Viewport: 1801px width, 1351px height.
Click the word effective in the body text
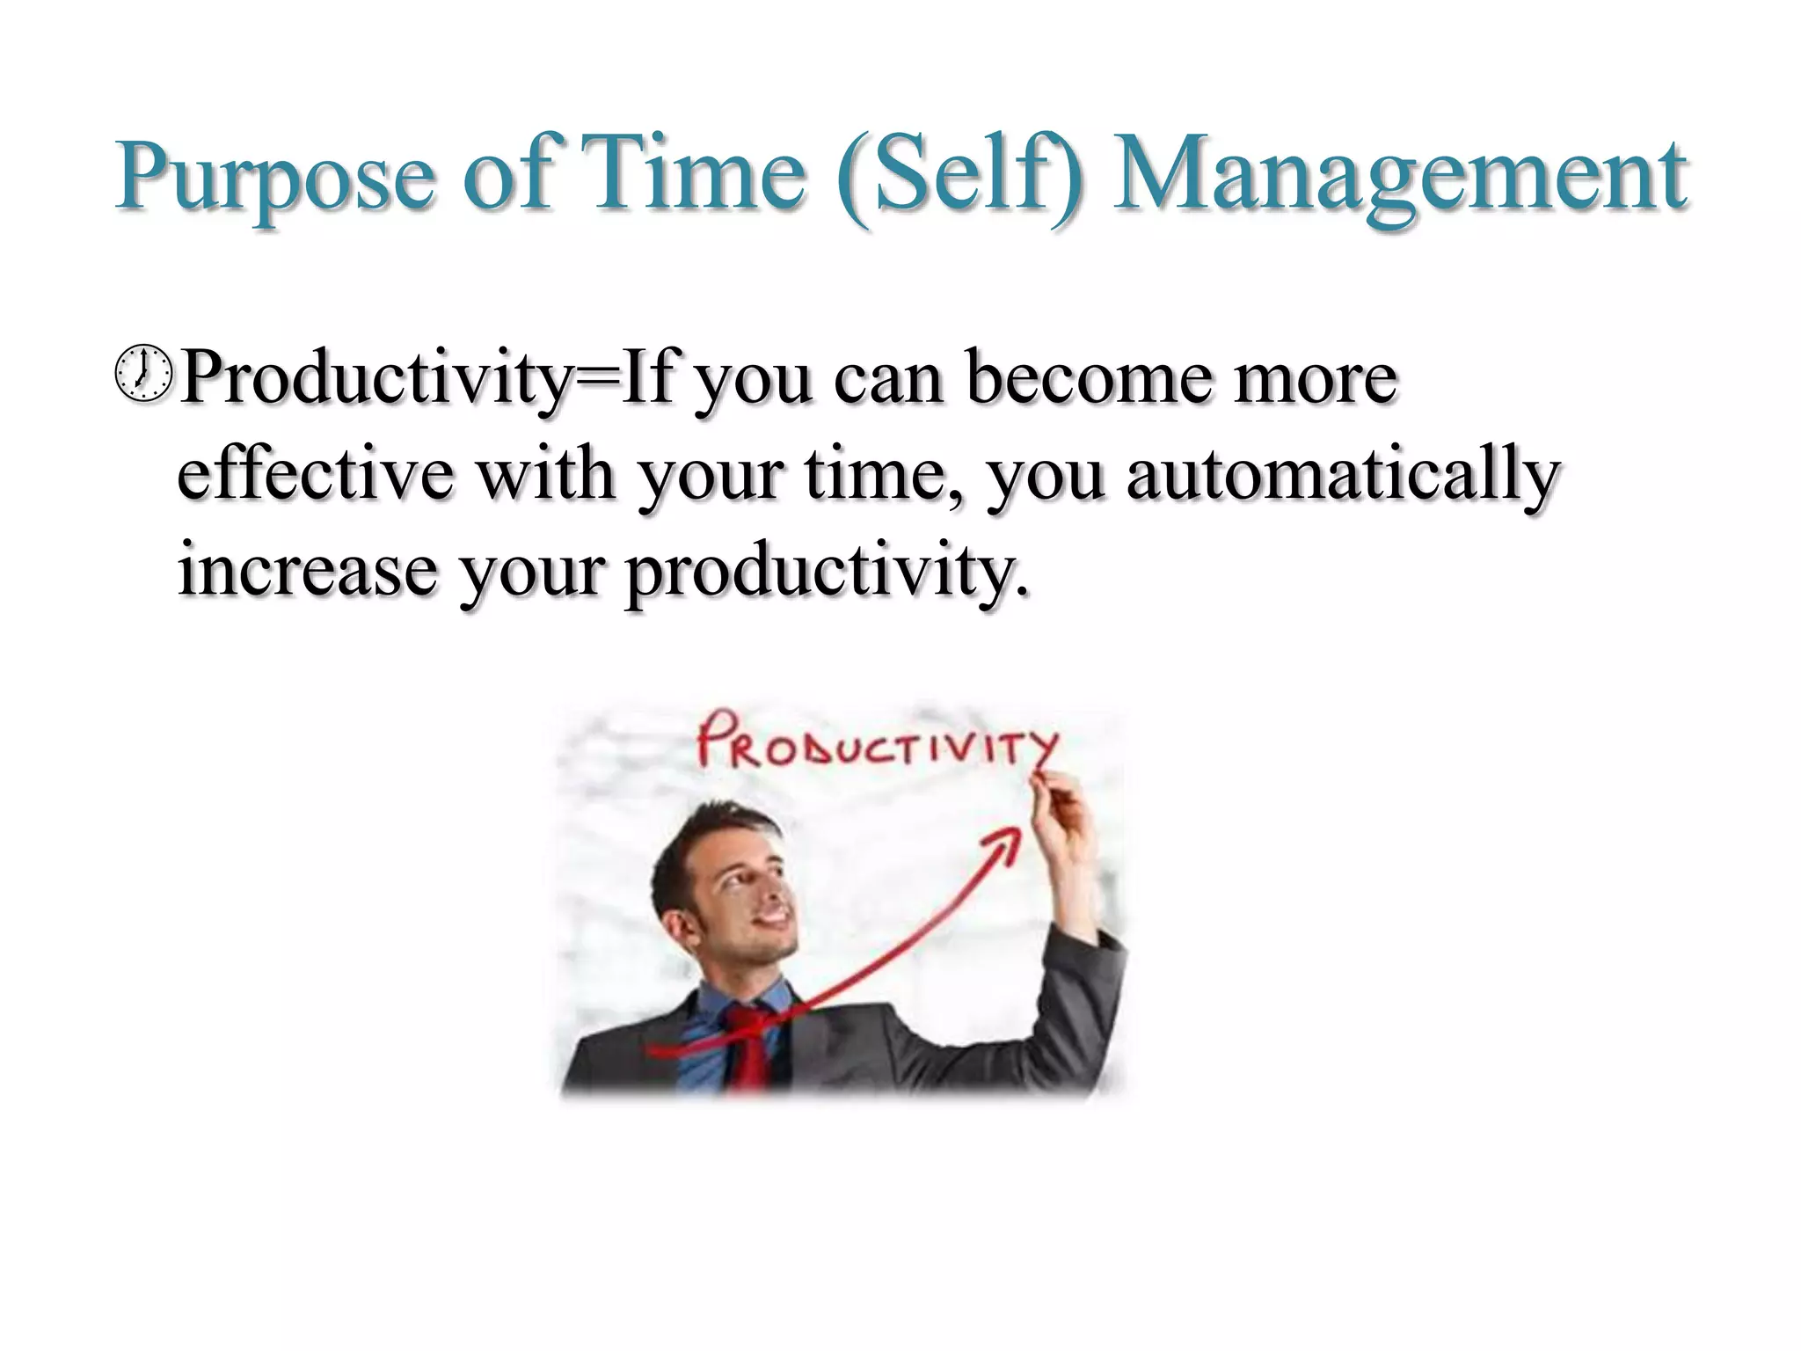tap(316, 474)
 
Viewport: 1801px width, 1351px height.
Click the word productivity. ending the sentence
tap(827, 572)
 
